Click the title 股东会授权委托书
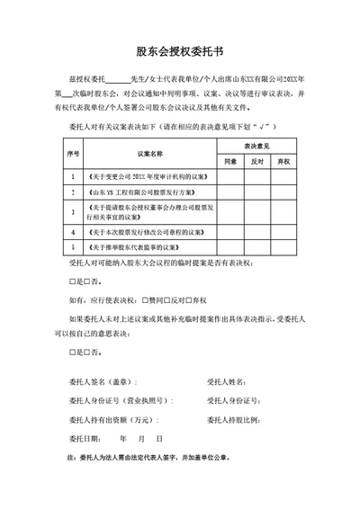(179, 51)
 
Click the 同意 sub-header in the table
(229, 161)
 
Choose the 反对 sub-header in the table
(256, 161)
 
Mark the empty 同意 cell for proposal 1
(229, 176)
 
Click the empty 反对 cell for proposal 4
(256, 231)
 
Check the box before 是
(72, 282)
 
